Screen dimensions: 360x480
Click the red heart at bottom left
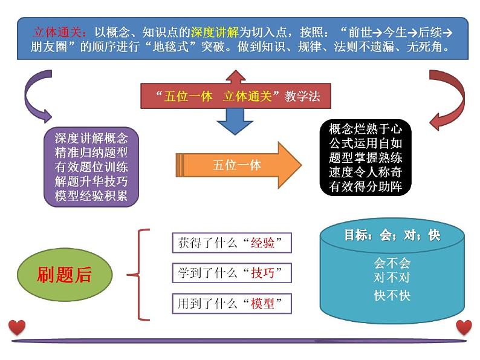17,327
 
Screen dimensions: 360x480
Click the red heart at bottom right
464,327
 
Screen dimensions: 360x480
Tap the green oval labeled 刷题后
65,275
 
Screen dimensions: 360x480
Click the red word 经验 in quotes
262,243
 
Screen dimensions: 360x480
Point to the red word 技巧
262,273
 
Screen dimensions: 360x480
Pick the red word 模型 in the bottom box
262,304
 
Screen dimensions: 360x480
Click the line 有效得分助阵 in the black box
365,187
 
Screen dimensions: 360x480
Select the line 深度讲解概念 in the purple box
91,138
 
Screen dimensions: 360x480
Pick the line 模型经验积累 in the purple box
91,195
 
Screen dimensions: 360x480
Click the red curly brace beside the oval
140,274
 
